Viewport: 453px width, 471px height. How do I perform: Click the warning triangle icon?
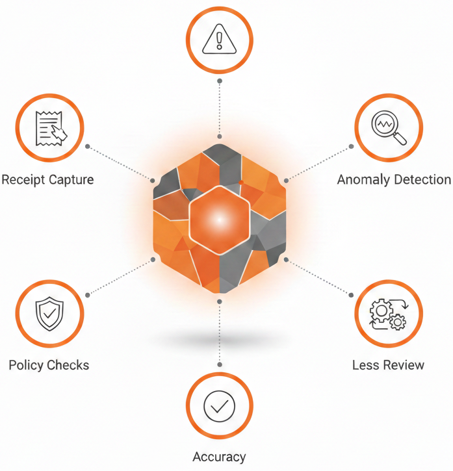click(x=220, y=39)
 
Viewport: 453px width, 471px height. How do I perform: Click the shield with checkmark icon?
click(x=49, y=314)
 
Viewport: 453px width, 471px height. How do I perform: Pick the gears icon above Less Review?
click(x=389, y=314)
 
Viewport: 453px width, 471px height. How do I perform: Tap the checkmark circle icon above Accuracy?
click(x=220, y=406)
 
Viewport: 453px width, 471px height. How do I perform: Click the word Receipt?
click(x=23, y=180)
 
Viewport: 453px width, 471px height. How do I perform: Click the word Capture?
click(x=71, y=180)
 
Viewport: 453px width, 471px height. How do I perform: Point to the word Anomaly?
click(x=364, y=180)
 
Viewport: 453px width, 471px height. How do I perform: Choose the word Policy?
click(x=27, y=366)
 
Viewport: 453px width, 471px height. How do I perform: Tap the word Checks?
click(x=68, y=365)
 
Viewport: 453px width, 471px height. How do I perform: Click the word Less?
click(x=365, y=365)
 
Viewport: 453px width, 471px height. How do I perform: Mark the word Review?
click(x=402, y=365)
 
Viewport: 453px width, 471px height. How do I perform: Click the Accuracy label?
click(x=220, y=457)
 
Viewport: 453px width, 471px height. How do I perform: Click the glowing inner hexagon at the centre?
click(x=220, y=220)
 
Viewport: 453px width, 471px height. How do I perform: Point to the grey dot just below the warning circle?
click(x=220, y=81)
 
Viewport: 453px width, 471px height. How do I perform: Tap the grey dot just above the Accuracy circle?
click(x=220, y=364)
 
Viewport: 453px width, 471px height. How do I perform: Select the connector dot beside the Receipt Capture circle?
click(x=88, y=147)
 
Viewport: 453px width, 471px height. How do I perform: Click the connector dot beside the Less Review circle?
click(x=351, y=296)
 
